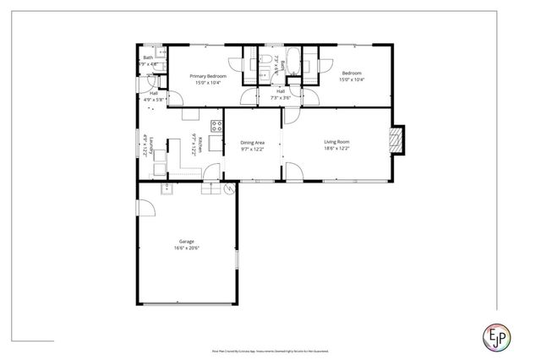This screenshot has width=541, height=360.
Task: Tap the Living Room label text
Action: pos(336,141)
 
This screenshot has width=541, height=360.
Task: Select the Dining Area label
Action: pos(254,143)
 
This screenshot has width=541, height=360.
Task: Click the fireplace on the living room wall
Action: pos(396,141)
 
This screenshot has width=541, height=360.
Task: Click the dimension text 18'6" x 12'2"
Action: pos(336,149)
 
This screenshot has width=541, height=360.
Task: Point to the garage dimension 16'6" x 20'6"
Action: pos(186,248)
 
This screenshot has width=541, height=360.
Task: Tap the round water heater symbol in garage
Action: pos(227,190)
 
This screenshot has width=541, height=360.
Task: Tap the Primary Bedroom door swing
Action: pos(249,98)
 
